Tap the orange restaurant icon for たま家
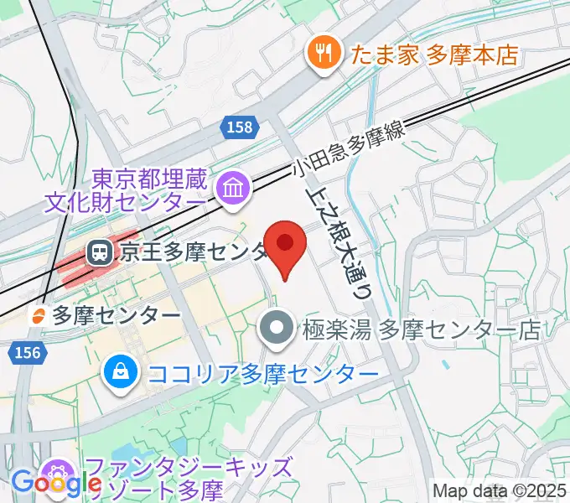tap(322, 55)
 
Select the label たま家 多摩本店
tap(433, 56)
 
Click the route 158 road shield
tap(240, 127)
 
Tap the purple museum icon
tap(230, 189)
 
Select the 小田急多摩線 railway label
tap(347, 149)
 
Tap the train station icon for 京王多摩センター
tap(99, 251)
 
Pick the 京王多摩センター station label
tap(193, 251)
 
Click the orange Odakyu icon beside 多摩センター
tap(38, 315)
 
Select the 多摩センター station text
tap(116, 315)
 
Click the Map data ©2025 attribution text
tap(500, 490)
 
